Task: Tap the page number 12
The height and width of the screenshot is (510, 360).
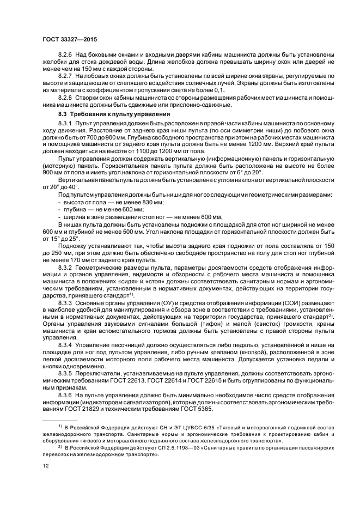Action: point(46,481)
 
